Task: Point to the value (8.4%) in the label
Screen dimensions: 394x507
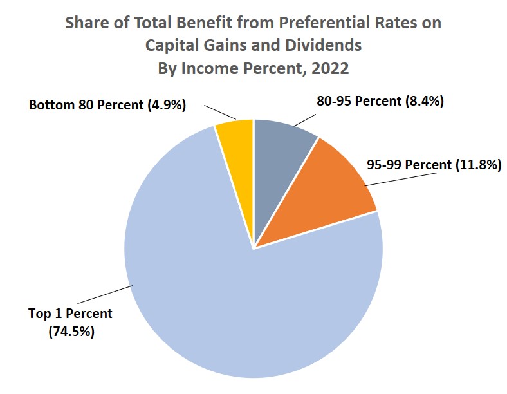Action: coord(424,101)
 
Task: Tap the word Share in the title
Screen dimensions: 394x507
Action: coord(87,24)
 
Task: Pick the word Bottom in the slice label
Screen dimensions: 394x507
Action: coord(51,104)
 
